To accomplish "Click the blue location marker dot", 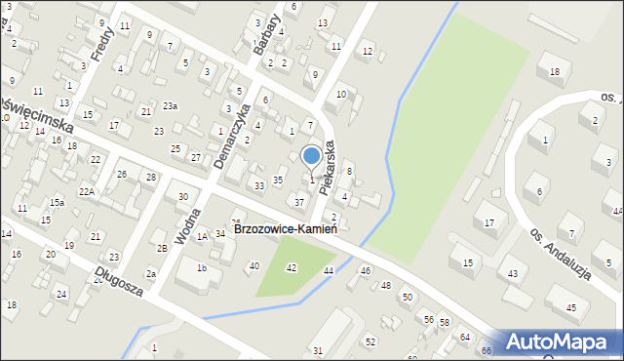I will (311, 155).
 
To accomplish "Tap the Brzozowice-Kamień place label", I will (286, 229).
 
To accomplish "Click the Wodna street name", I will (187, 225).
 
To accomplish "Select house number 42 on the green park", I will (291, 267).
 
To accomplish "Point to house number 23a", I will (170, 105).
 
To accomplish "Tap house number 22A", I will (87, 191).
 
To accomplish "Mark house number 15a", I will (58, 202).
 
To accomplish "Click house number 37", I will (299, 202).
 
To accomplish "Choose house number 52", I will (370, 341).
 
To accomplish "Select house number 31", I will (317, 350).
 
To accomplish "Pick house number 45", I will (570, 307).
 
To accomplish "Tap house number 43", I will (512, 273).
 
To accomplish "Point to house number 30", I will (182, 196).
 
